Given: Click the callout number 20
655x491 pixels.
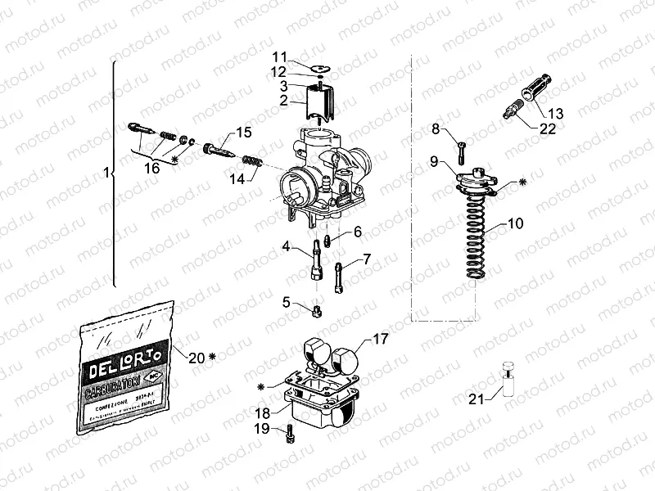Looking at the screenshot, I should tap(196, 356).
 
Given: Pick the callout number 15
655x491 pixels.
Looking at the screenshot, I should tap(244, 133).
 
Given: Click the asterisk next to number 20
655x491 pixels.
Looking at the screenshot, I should tap(212, 357).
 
